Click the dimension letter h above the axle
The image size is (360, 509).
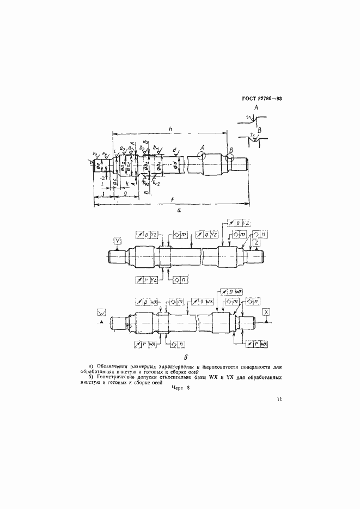click(171, 128)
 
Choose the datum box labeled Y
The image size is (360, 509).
click(118, 240)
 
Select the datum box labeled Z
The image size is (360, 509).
click(255, 243)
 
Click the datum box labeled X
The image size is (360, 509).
click(266, 311)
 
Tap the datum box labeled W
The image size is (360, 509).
click(101, 312)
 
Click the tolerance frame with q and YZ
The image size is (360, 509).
click(207, 234)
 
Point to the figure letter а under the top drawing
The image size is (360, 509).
click(179, 208)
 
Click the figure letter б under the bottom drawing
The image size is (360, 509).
click(186, 358)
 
